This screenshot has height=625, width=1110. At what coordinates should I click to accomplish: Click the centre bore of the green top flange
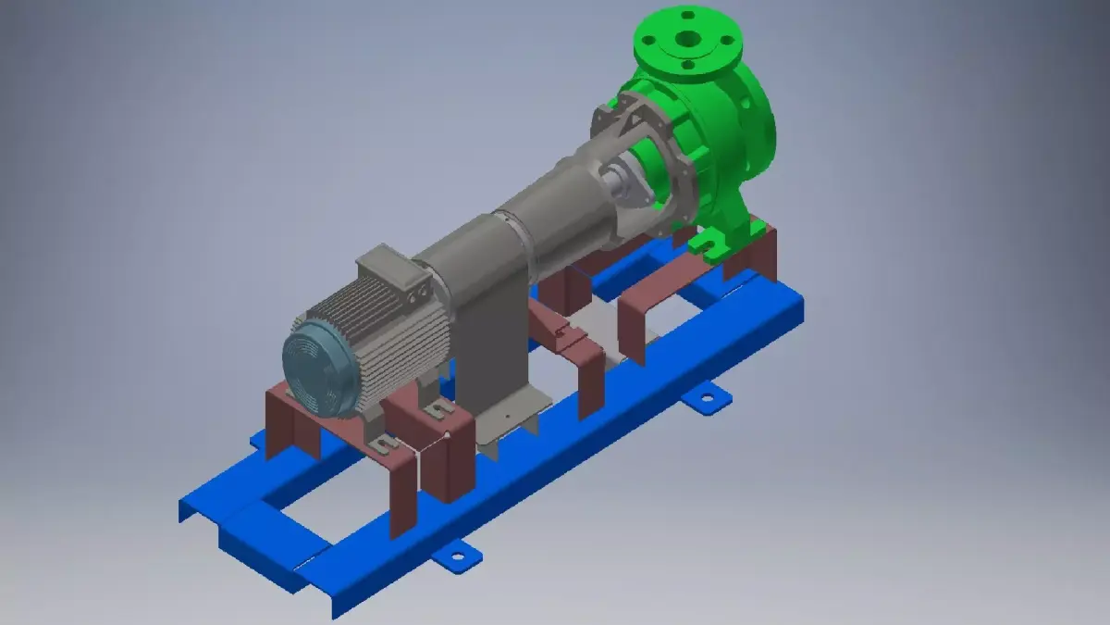pyautogui.click(x=686, y=40)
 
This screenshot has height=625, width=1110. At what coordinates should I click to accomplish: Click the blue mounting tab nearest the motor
pyautogui.click(x=456, y=556)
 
